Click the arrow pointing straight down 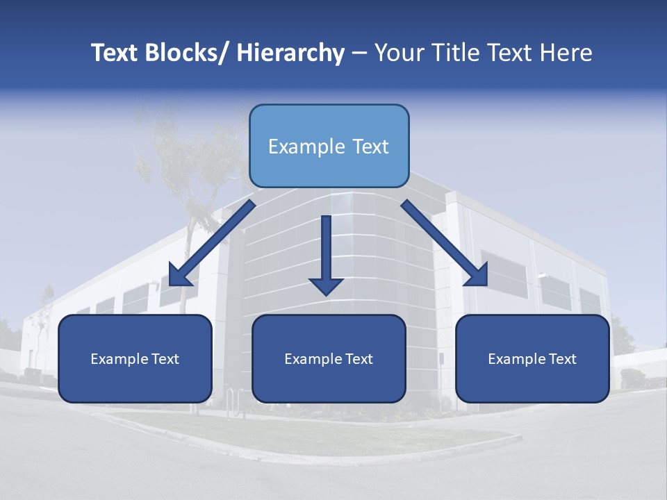pos(326,253)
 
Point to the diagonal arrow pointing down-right pos(445,243)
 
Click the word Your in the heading pos(399,53)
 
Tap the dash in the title pos(359,53)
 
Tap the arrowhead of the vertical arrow pos(326,285)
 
